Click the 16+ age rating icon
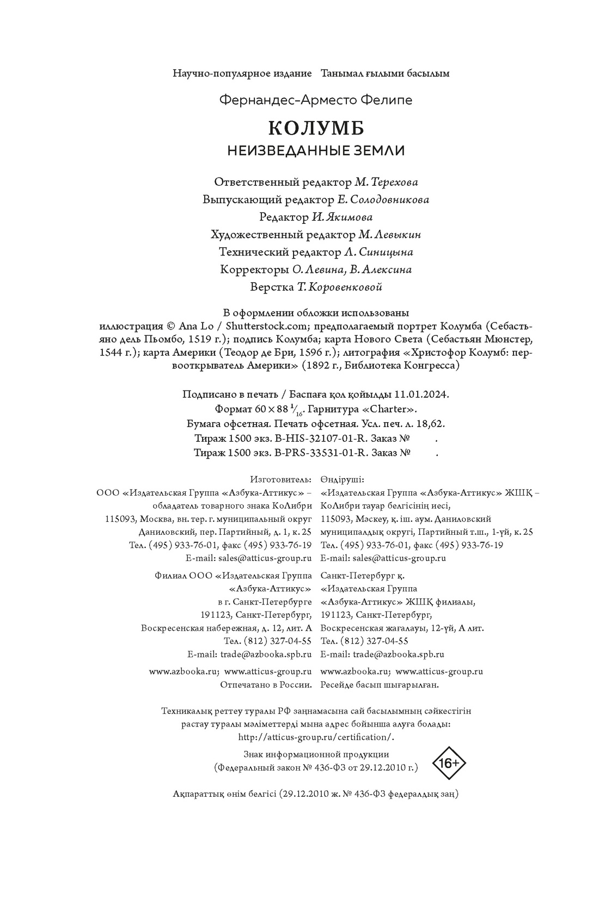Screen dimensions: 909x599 pyautogui.click(x=449, y=763)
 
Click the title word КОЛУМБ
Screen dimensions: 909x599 pyautogui.click(x=316, y=128)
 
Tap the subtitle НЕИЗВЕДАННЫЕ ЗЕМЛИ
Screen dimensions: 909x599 pyautogui.click(x=316, y=151)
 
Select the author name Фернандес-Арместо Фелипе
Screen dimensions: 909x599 pyautogui.click(x=316, y=100)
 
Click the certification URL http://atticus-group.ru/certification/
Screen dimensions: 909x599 pyautogui.click(x=316, y=737)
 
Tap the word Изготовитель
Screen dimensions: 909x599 pyautogui.click(x=281, y=479)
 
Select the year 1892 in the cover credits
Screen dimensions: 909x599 pyautogui.click(x=320, y=365)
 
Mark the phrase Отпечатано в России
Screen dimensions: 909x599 pyautogui.click(x=266, y=685)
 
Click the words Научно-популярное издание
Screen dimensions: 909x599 pyautogui.click(x=242, y=73)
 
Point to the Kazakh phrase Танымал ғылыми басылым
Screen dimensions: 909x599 pyautogui.click(x=386, y=73)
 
